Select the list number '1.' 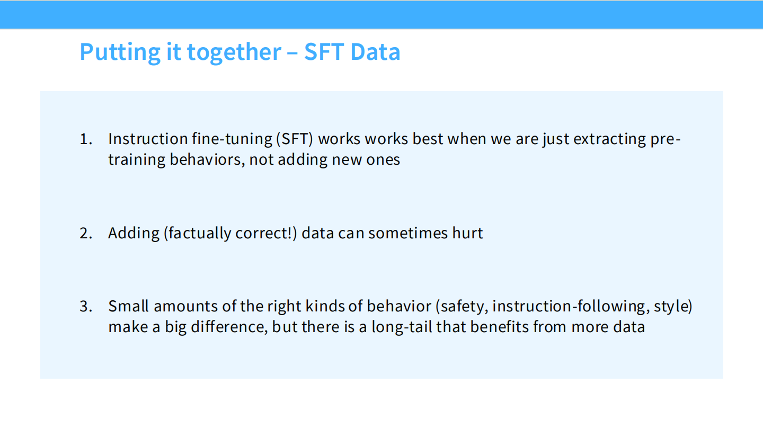86,139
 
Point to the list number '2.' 86,233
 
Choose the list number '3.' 86,306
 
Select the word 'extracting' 609,139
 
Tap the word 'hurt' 468,233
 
